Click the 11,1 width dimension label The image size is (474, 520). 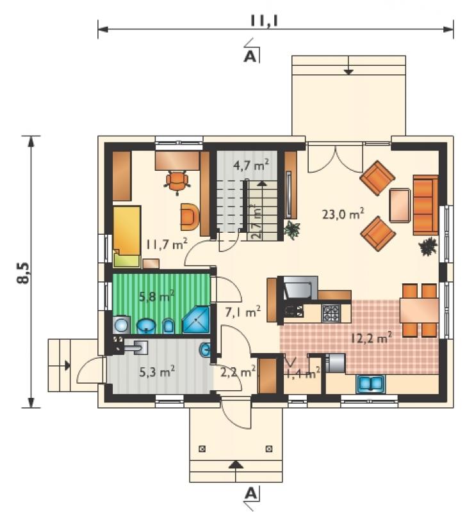264,20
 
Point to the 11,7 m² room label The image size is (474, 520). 167,244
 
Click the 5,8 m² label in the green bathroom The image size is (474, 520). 157,295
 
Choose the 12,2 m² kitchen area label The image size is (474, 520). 372,338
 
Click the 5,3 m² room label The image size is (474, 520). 157,372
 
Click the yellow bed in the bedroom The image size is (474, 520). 127,237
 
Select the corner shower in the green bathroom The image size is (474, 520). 196,320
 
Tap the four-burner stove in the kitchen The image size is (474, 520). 331,313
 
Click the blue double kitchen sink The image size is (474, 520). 371,384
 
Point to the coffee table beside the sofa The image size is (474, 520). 400,205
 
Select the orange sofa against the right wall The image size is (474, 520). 425,205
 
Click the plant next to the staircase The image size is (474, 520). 292,230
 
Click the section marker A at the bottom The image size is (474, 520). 251,494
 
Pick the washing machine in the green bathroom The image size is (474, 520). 122,325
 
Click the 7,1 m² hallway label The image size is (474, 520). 243,311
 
